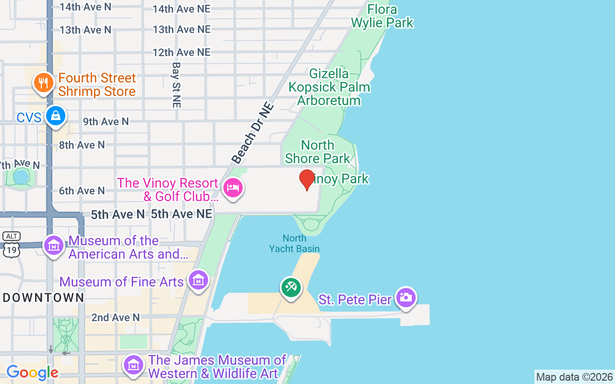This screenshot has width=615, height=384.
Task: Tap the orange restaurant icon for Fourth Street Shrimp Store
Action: click(44, 83)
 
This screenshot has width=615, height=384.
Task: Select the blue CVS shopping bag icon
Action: click(56, 116)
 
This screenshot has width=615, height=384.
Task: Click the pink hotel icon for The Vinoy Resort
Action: click(233, 187)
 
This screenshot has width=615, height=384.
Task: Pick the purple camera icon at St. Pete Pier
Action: click(406, 298)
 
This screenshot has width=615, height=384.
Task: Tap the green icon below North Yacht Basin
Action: click(291, 288)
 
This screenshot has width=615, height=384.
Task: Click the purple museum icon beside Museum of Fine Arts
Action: click(198, 280)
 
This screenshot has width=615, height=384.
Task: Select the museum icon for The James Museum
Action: click(134, 365)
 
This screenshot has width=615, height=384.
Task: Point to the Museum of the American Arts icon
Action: click(54, 246)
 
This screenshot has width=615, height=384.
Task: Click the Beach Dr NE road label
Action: click(253, 133)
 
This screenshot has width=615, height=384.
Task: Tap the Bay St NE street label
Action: click(176, 84)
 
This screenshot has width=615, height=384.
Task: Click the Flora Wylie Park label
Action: click(382, 16)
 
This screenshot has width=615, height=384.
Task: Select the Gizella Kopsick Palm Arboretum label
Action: click(329, 87)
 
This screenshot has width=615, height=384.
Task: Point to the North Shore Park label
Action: click(318, 151)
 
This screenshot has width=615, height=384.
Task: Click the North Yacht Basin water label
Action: click(295, 243)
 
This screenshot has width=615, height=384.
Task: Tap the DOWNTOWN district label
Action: click(44, 298)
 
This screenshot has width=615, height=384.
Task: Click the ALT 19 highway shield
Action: click(11, 245)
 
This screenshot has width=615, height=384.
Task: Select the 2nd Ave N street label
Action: click(115, 317)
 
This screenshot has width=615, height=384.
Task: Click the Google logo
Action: click(32, 372)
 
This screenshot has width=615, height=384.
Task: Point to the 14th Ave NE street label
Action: click(182, 9)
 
